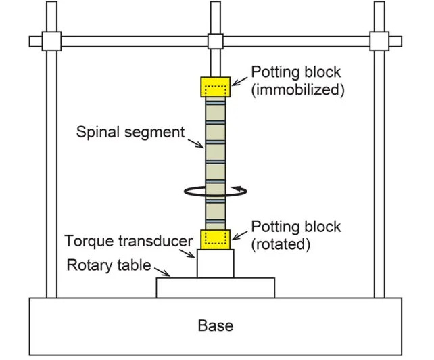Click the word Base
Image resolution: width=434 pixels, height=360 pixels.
[x=215, y=325]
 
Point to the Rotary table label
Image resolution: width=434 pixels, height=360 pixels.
[x=108, y=265]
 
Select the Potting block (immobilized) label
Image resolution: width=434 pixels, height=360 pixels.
[x=297, y=80]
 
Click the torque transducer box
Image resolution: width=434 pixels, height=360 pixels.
[x=215, y=263]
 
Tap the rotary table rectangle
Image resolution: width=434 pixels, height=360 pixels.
[x=215, y=287]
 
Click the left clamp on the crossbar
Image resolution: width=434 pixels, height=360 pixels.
[x=52, y=41]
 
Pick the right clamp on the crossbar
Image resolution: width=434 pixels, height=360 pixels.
[x=379, y=41]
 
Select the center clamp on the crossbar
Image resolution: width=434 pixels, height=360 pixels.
[x=215, y=41]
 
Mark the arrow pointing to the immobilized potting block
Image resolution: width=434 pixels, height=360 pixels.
[x=240, y=80]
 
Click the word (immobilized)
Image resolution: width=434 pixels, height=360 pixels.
[x=297, y=89]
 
